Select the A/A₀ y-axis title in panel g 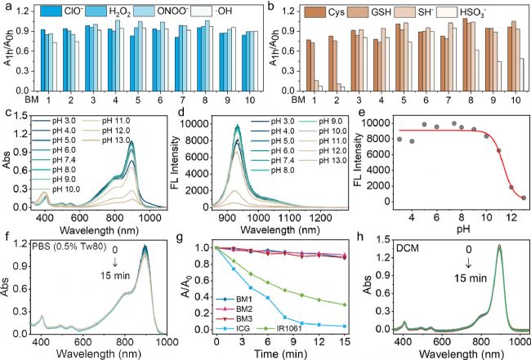[x=190, y=296]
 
